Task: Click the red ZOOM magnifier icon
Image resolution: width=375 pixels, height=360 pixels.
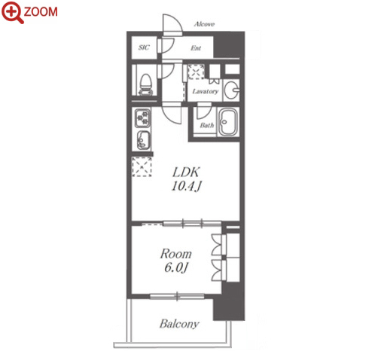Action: tap(13, 12)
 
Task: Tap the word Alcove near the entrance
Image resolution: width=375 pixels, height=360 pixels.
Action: tap(204, 24)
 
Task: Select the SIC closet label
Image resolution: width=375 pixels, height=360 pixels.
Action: tap(144, 47)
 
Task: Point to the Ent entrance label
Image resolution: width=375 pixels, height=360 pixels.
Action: tap(196, 47)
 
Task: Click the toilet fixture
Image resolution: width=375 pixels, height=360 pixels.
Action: tap(146, 84)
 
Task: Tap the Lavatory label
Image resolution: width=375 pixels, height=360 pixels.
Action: tap(206, 91)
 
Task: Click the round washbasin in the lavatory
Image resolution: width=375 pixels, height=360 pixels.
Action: tap(231, 90)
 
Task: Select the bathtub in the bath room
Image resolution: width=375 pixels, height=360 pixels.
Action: tap(227, 122)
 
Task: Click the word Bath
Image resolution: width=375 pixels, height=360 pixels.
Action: tap(207, 125)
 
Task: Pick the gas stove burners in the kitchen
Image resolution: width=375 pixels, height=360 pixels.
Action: tap(142, 118)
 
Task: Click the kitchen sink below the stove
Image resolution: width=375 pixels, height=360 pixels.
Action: tap(143, 140)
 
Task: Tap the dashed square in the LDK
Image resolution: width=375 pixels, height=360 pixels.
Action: tap(142, 166)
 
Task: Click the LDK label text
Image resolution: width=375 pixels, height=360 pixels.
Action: tap(186, 172)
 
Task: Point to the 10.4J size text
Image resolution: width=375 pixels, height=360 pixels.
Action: tap(187, 186)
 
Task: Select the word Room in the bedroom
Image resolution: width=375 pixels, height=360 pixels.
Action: tap(176, 254)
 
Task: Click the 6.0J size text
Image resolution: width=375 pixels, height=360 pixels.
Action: tap(175, 267)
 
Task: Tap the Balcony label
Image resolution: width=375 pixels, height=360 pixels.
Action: tap(179, 324)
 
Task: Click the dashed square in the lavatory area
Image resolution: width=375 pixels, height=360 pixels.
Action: tap(197, 72)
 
